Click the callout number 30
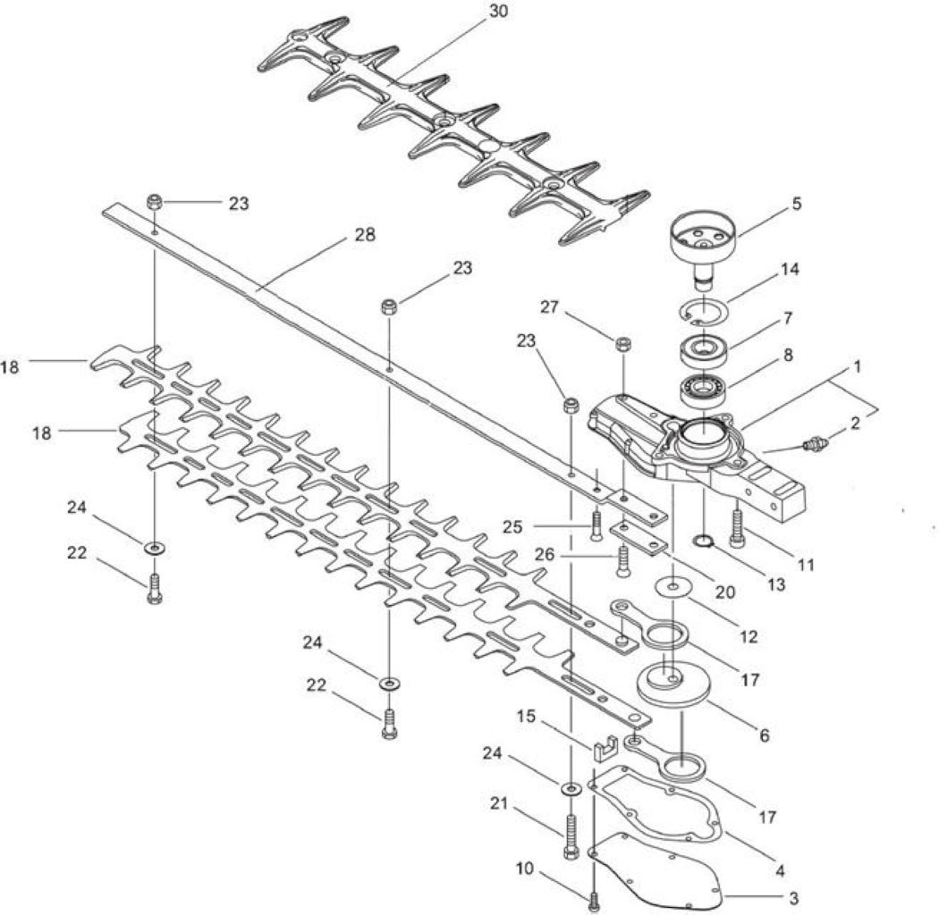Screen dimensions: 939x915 tap(498, 12)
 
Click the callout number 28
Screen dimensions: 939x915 tap(365, 235)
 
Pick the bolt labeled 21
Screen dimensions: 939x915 tap(571, 836)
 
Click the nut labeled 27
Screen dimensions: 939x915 tap(624, 345)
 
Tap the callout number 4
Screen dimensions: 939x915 tap(779, 870)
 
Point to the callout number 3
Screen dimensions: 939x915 tap(793, 898)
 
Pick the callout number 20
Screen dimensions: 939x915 tap(724, 592)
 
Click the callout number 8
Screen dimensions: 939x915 tap(788, 354)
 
